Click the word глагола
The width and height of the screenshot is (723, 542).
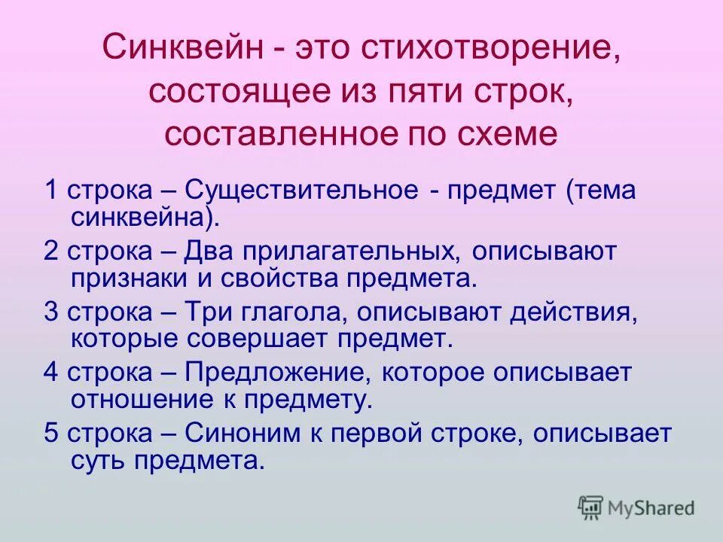(x=285, y=312)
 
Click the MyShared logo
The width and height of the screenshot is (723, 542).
(x=637, y=507)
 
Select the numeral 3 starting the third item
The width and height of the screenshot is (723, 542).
(x=50, y=312)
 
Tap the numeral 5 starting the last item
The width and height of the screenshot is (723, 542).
(x=50, y=434)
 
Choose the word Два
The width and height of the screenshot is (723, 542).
(x=212, y=251)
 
